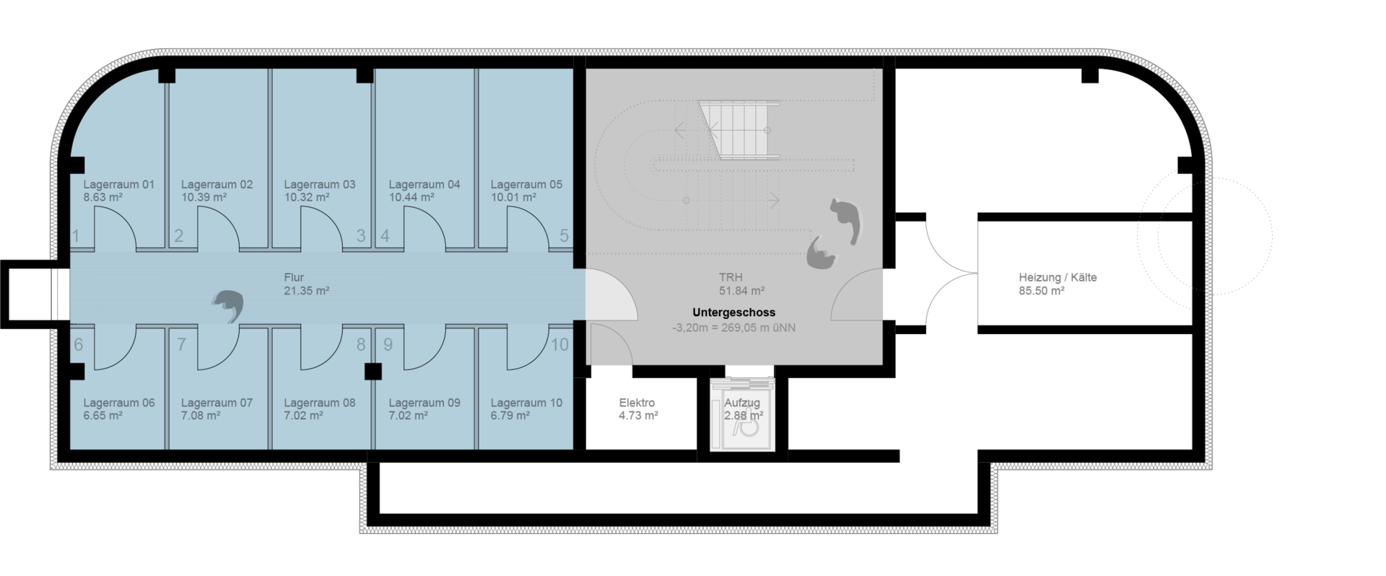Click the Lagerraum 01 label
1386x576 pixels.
[119, 185]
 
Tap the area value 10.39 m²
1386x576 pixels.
[204, 197]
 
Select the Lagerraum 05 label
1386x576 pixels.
[526, 185]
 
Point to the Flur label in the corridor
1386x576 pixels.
[294, 277]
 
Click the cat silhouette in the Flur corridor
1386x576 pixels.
[228, 306]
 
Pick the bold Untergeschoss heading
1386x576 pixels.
[733, 313]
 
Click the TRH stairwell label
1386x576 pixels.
[731, 277]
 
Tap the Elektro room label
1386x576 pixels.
[637, 403]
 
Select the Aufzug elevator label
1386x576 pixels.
[742, 403]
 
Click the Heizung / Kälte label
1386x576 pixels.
[1058, 277]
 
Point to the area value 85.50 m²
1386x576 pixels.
[1042, 291]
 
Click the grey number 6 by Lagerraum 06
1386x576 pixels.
[78, 345]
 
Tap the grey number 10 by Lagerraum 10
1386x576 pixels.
[559, 345]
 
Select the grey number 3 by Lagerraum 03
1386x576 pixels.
[361, 236]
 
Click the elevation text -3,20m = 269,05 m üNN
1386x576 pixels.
[733, 327]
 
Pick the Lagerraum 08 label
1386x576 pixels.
[320, 403]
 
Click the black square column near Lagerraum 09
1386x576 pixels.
[372, 371]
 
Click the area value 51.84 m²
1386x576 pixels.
[741, 291]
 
